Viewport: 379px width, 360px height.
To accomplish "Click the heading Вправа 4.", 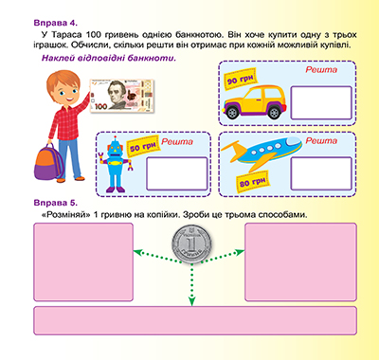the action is point(55,23).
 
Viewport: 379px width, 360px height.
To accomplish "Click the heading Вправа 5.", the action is point(55,203).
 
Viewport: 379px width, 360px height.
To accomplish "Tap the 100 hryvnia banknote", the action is point(122,96).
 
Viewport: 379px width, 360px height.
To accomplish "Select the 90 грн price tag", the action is point(241,79).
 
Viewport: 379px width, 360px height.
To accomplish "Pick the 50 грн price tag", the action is point(143,146).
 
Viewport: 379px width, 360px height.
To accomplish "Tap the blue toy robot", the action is point(116,165).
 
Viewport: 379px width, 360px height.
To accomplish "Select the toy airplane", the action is point(261,153).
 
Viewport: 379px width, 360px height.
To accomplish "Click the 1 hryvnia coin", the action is point(191,244).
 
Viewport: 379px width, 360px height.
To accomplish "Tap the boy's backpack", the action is point(48,162).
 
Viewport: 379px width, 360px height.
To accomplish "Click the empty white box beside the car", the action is point(321,102).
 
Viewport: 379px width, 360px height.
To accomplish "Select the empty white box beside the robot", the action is point(177,173).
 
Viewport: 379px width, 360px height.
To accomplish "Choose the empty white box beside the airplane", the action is point(321,173).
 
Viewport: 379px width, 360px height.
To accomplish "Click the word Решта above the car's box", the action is point(321,69).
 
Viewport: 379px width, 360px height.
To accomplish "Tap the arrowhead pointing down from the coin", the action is point(191,301).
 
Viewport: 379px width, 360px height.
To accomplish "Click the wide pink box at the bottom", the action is point(195,320).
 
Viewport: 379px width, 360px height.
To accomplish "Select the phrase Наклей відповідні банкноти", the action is point(109,58).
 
